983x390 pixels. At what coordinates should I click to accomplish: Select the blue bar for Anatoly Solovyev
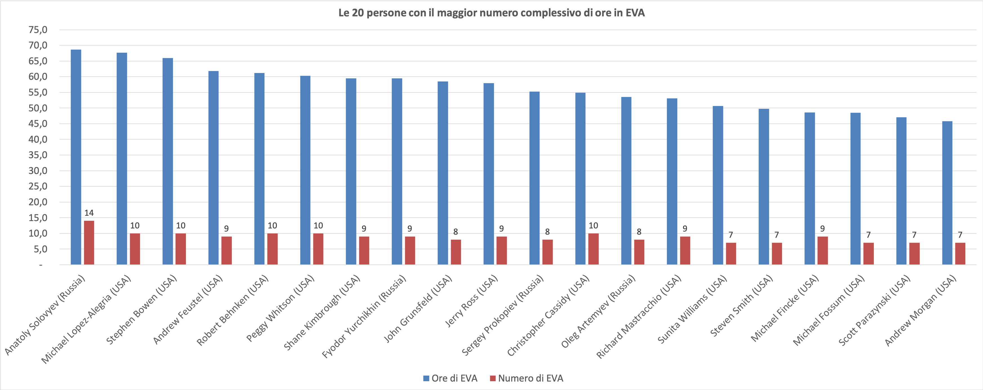pos(76,157)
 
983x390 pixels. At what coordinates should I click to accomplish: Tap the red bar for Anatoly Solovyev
pos(89,243)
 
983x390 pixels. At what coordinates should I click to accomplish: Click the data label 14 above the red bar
pos(89,213)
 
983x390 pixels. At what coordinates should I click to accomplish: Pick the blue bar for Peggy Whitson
pos(305,170)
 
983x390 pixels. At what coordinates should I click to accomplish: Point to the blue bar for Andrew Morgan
pos(947,193)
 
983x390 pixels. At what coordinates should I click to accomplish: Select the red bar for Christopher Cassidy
pos(593,249)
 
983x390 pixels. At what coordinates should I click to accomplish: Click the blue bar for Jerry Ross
pos(489,174)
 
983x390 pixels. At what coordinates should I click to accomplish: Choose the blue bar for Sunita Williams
pos(718,185)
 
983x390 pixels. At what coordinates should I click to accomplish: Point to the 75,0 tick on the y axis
pos(38,30)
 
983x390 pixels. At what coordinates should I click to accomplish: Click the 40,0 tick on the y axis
pos(38,139)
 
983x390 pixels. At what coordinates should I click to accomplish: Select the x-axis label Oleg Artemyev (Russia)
pos(599,311)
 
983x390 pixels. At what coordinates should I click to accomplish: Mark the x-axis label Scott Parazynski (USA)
pos(875,310)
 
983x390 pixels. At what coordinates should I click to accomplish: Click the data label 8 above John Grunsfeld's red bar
pos(456,232)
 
